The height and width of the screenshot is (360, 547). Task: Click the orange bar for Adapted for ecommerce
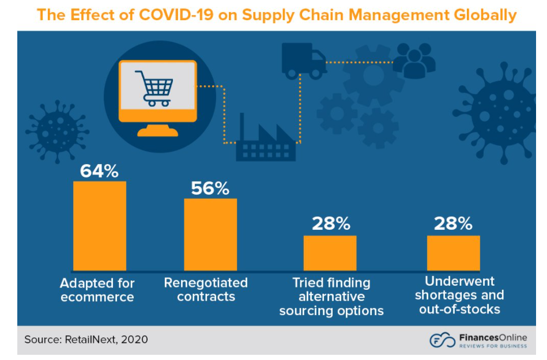99,225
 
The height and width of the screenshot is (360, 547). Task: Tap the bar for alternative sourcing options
330,252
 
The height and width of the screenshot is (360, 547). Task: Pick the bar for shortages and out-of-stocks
453,252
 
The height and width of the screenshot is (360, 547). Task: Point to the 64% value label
99,170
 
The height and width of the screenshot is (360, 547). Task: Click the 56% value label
210,188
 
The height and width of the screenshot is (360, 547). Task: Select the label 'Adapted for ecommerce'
97,290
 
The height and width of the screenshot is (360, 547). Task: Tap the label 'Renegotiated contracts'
206,290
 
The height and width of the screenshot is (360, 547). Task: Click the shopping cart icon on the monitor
154,88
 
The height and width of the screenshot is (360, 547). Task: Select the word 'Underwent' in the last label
452,282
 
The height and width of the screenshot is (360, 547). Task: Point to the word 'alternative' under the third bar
331,297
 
